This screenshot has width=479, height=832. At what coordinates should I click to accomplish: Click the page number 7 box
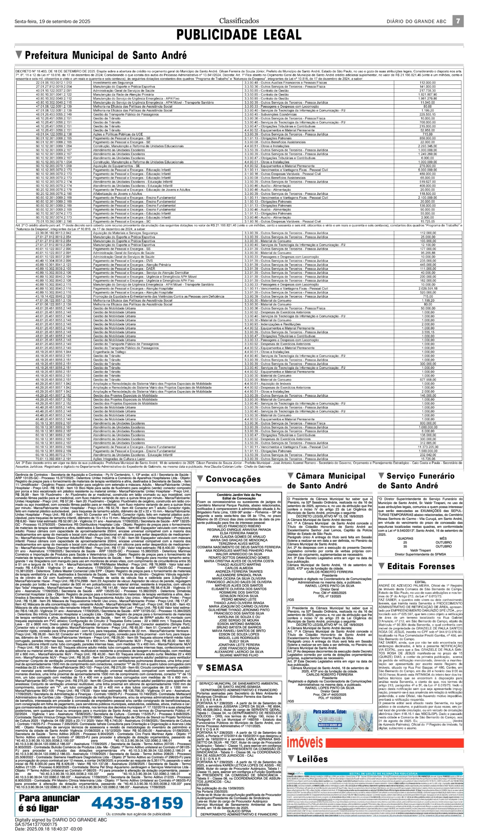pyautogui.click(x=458, y=21)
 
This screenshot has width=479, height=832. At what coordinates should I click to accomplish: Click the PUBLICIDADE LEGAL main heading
pyautogui.click(x=239, y=35)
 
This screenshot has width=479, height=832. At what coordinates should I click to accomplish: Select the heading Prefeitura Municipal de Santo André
pyautogui.click(x=106, y=55)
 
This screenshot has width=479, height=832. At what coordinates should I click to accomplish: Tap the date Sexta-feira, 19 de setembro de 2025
pyautogui.click(x=52, y=22)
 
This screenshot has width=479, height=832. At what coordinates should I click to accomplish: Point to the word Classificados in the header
pyautogui.click(x=239, y=21)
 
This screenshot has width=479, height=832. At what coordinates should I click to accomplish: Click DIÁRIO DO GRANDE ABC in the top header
pyautogui.click(x=417, y=22)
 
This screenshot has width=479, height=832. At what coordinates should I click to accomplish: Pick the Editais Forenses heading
pyautogui.click(x=421, y=566)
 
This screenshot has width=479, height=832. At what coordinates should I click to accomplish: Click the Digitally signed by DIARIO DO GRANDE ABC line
pyautogui.click(x=61, y=817)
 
